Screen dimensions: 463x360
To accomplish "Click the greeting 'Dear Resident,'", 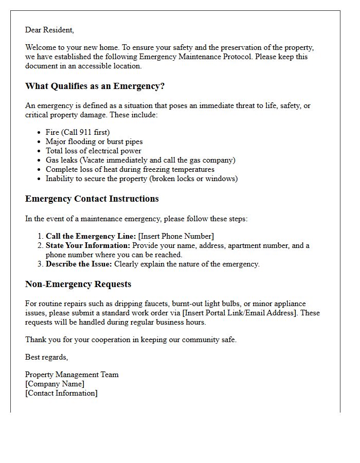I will pos(49,30).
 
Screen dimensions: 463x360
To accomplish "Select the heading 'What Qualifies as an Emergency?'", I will pos(95,86).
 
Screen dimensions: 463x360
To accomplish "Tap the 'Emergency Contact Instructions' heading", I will pos(92,199).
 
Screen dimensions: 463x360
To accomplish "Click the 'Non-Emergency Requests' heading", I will pos(78,284).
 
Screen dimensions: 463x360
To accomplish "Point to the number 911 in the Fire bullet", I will pos(86,132).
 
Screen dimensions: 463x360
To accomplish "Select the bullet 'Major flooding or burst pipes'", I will pos(94,141).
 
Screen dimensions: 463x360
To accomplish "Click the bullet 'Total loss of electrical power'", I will pos(93,151).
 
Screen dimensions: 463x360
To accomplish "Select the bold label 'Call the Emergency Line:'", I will pos(91,236).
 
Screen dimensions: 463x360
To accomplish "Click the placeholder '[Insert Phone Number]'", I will pos(176,236).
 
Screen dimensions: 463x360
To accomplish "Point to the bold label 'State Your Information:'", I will pos(88,245).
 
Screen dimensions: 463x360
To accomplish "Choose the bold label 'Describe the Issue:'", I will pos(79,264).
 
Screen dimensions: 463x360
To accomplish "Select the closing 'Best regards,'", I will pos(46,357).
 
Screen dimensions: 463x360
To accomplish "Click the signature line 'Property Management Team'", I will pos(72,375).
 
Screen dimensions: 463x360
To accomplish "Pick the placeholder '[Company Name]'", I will pos(55,384).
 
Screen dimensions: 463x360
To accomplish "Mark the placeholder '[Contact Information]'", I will pos(61,393).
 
